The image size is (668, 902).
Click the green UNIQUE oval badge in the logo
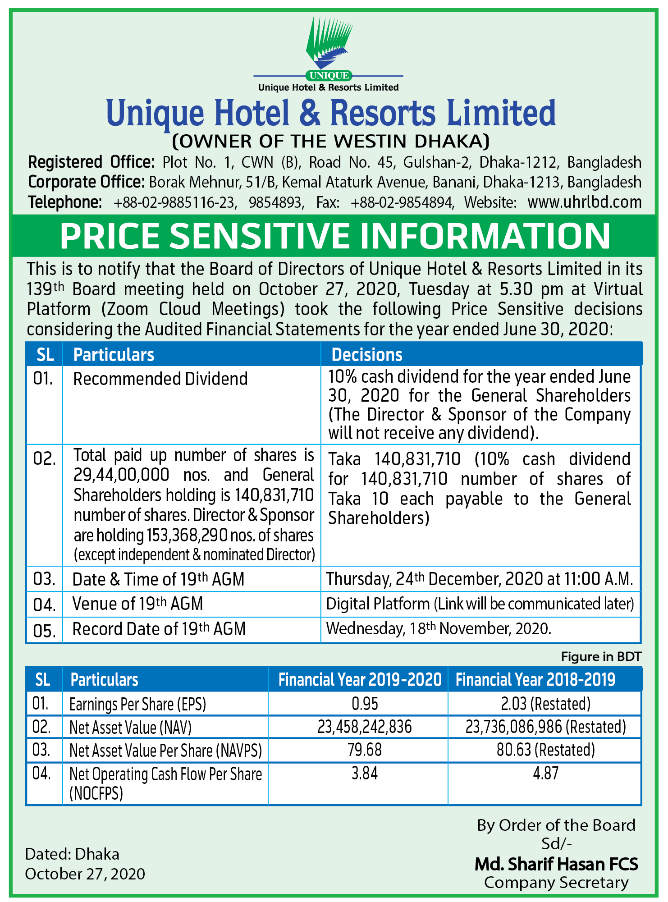[329, 76]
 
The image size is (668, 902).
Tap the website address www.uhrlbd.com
[584, 202]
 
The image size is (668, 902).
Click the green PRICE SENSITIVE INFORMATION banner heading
[334, 236]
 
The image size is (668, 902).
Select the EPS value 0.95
[365, 704]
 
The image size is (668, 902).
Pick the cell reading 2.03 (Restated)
[545, 704]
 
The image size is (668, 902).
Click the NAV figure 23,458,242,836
[365, 727]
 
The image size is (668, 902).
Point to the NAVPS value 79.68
[365, 750]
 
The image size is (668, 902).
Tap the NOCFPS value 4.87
[545, 774]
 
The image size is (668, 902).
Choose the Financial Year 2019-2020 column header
[360, 680]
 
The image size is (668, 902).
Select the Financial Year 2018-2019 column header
[535, 680]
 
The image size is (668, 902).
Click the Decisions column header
[367, 355]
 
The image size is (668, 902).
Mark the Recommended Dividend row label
[160, 379]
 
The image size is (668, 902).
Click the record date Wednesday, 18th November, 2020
[439, 628]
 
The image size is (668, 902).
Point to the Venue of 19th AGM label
[137, 604]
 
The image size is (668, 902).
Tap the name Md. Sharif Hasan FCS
[556, 864]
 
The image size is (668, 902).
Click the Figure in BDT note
[601, 656]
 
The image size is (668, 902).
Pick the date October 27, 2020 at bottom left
[85, 874]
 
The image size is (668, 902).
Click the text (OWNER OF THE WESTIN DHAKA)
[331, 142]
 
